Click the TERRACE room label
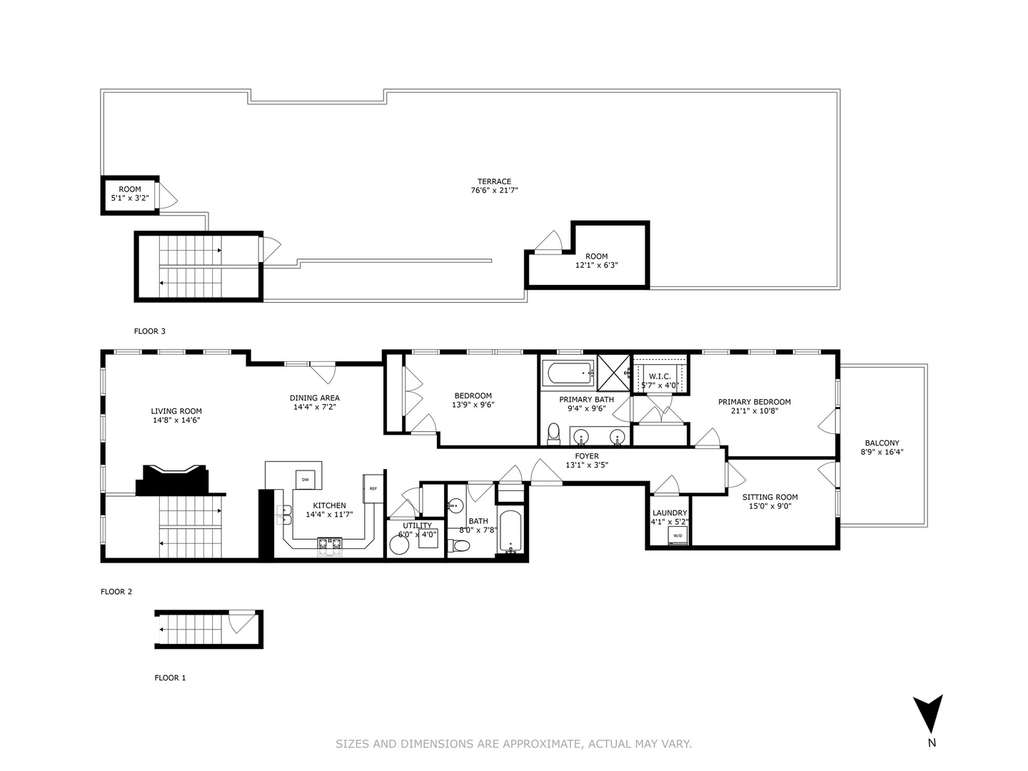(x=494, y=181)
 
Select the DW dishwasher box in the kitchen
(x=306, y=479)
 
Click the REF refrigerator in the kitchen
(x=373, y=488)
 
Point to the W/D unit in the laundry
(x=678, y=536)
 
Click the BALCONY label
(x=882, y=443)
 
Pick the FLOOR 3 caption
(x=150, y=331)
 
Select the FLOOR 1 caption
(x=170, y=677)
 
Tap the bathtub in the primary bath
(x=568, y=373)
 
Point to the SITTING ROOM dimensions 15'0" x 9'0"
(x=770, y=506)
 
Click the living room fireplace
(x=174, y=479)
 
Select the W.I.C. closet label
(x=659, y=376)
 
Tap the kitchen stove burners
(x=329, y=545)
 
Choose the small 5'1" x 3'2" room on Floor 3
(x=129, y=194)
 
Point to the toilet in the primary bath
(x=553, y=433)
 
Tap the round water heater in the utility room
(x=398, y=545)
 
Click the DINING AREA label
(x=314, y=398)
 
